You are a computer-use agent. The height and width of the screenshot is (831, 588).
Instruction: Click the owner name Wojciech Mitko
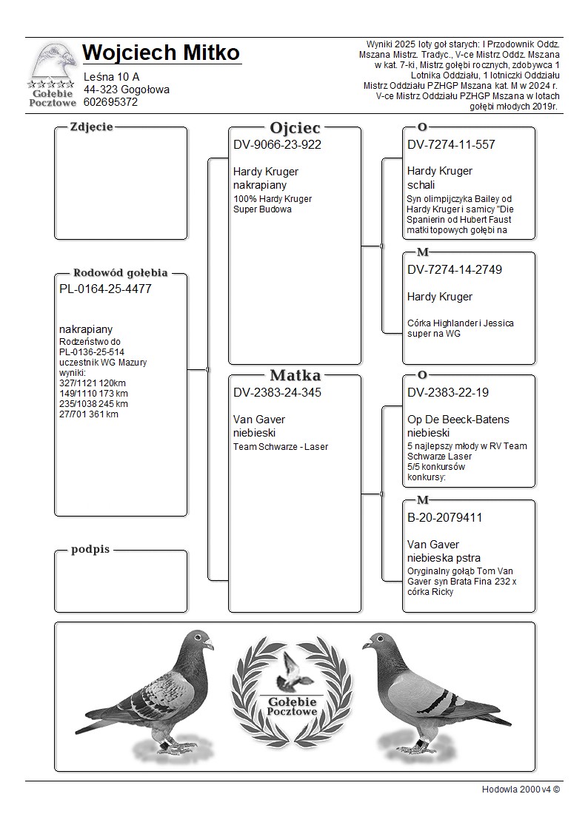(x=161, y=53)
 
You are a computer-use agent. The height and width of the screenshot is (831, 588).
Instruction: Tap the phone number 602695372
(x=110, y=102)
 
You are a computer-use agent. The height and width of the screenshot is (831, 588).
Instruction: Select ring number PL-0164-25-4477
(x=105, y=289)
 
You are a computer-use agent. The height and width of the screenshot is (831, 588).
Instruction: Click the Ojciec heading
(x=295, y=128)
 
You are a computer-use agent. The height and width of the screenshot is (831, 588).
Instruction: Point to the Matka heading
(x=295, y=375)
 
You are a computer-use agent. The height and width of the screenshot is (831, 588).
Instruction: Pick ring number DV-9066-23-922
(x=277, y=145)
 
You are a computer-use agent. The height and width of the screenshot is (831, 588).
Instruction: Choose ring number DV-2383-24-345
(x=277, y=393)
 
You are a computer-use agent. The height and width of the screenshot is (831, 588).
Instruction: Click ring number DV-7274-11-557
(x=451, y=145)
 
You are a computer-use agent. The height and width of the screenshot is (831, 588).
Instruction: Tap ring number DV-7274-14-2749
(x=454, y=270)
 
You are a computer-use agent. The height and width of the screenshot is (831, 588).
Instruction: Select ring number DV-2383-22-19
(x=448, y=393)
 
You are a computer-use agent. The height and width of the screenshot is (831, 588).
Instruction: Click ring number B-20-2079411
(x=444, y=518)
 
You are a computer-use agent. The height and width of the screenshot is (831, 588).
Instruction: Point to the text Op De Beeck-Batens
(x=458, y=420)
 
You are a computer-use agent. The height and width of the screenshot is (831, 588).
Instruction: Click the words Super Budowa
(x=262, y=209)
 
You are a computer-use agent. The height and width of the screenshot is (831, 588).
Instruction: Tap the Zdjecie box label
(x=91, y=127)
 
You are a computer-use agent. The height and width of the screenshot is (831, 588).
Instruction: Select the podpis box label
(x=90, y=550)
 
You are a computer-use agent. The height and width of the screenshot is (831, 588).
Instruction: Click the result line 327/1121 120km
(x=93, y=383)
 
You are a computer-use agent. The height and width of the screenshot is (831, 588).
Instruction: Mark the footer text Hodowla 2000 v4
(x=520, y=789)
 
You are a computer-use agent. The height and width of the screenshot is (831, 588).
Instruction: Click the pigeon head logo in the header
(x=53, y=64)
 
